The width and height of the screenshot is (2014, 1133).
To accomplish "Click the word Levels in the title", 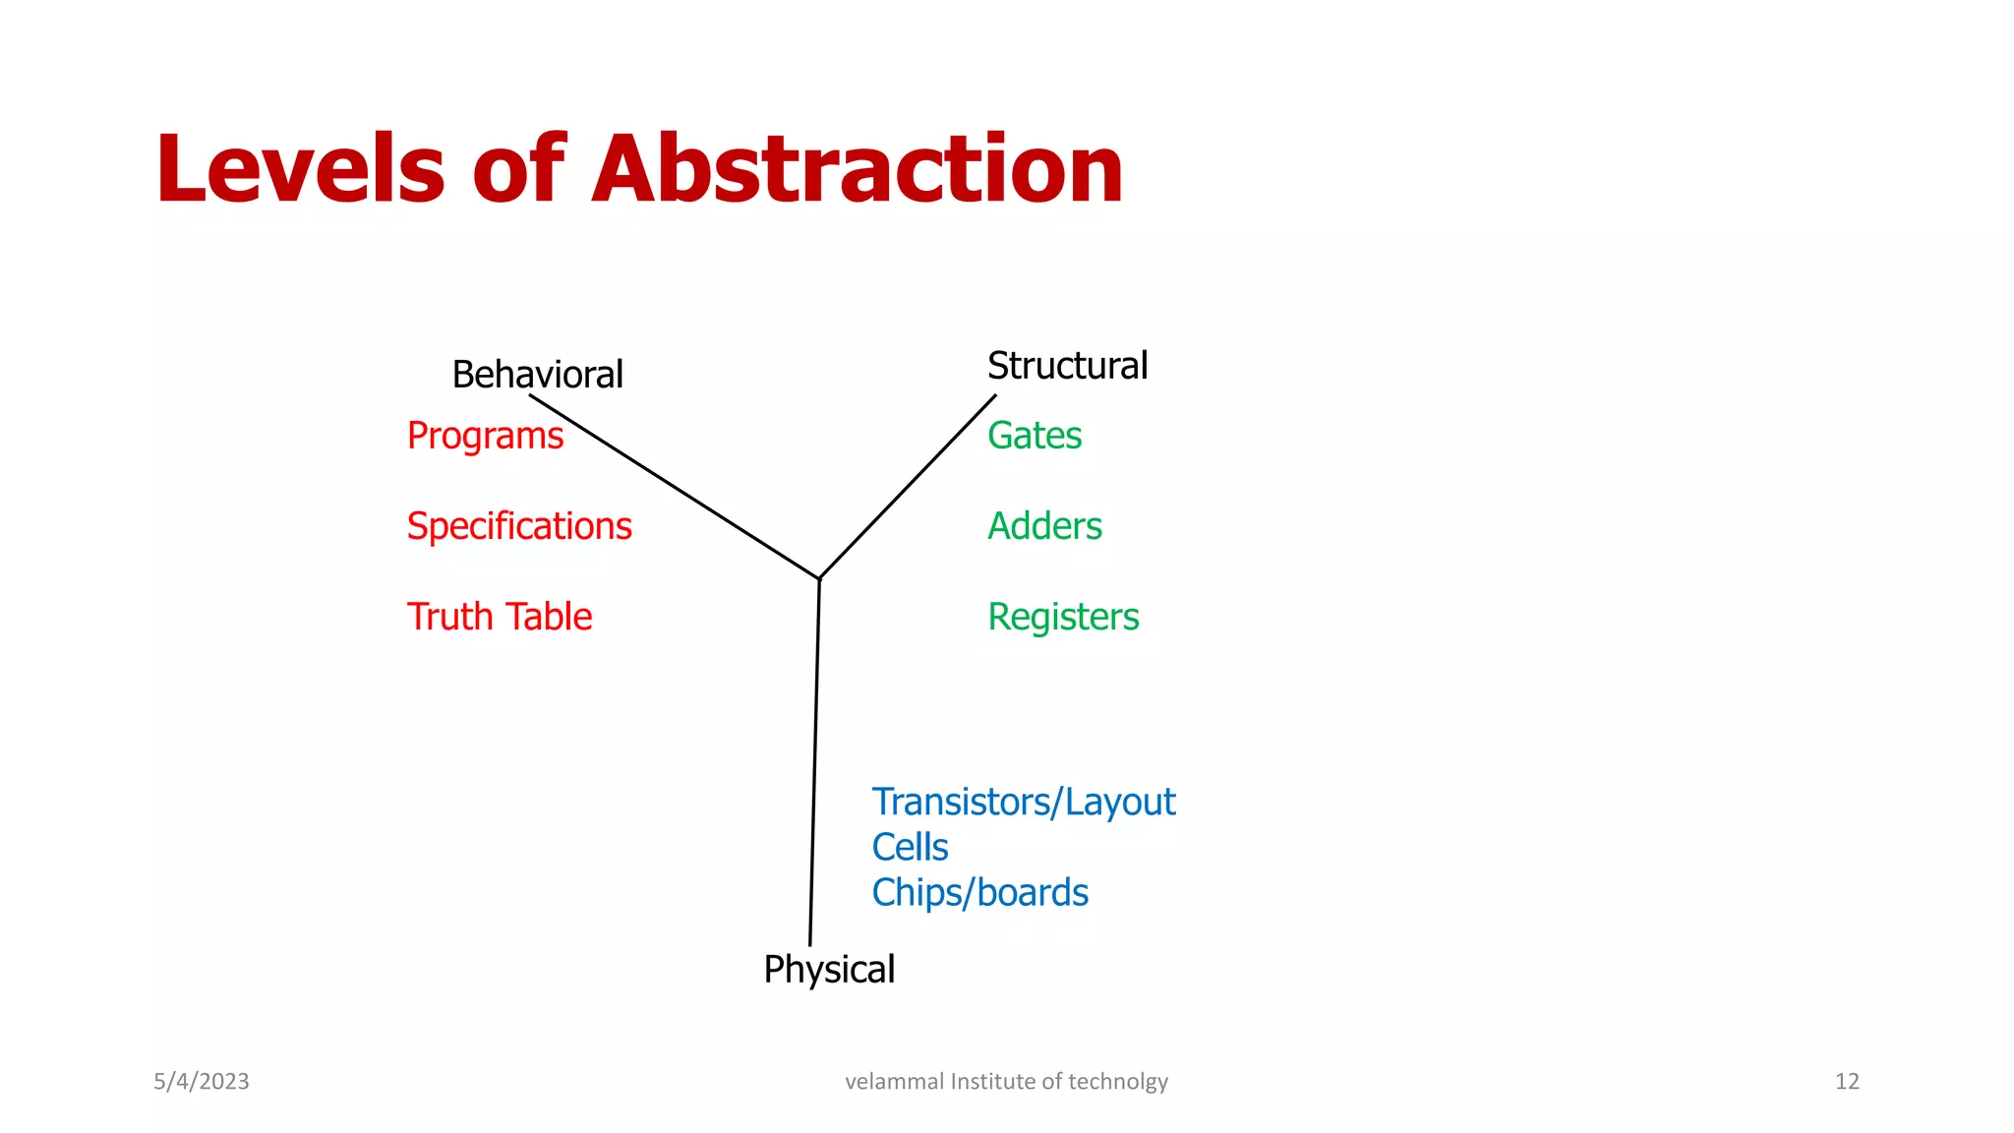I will pos(300,169).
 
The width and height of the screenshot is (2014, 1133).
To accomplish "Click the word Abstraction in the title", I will pos(857,169).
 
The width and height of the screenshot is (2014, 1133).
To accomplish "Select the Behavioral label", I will pos(537,375).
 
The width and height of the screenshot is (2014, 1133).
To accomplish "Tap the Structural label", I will pos(1067,366).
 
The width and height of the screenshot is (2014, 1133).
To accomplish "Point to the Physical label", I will pos(829,970).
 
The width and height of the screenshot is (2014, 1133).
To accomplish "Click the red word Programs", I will pos(485,436).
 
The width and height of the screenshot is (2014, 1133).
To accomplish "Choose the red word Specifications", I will pos(519,526).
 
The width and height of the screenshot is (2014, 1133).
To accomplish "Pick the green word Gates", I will pos(1035,436).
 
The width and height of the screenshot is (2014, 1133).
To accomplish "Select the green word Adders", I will pos(1044,526).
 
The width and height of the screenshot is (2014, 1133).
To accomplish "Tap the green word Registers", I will pos(1063,617).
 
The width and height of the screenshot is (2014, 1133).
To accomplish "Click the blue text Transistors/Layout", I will pos(1023,803).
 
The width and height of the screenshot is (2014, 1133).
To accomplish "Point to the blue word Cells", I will pos(910,848).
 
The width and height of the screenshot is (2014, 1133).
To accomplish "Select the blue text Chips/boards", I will pos(979,893).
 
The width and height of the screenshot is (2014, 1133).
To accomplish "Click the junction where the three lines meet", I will pos(819,578).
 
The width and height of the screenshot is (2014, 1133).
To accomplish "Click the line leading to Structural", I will pos(907,487).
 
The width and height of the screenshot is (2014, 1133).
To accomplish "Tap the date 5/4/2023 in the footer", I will pos(202,1082).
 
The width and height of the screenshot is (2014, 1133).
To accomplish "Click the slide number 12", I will pos(1847,1082).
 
